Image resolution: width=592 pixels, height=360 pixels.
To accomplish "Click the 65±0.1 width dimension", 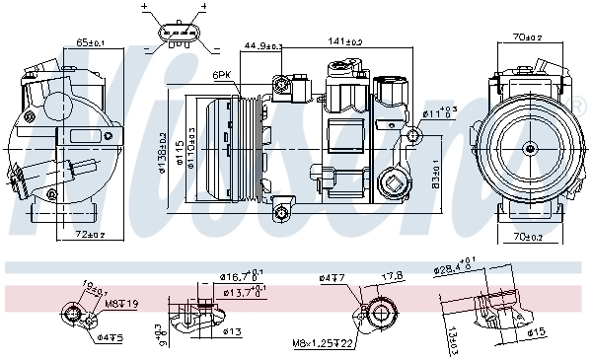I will (91, 42).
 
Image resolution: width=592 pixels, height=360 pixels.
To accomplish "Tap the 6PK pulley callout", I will (221, 75).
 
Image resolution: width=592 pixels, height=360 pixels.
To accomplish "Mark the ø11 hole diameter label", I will (440, 113).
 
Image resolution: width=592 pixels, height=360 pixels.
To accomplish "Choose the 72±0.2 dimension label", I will (91, 234).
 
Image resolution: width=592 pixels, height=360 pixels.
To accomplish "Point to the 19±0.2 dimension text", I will (95, 287).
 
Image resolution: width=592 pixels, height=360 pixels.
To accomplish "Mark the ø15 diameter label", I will (535, 331).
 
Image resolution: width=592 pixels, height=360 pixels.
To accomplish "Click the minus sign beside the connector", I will (148, 46).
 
